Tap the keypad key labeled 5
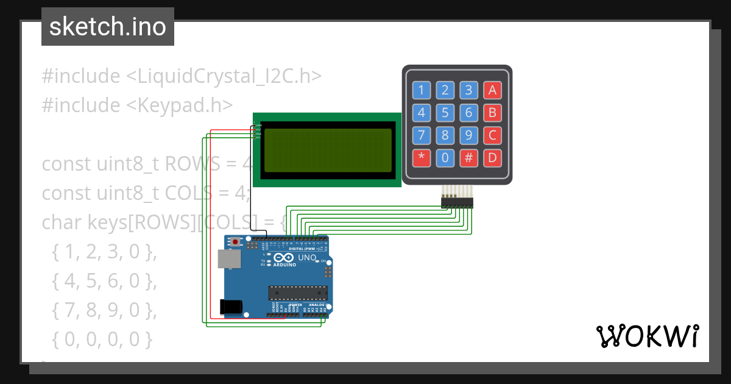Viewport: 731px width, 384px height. click(445, 113)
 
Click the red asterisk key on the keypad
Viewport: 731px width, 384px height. click(422, 158)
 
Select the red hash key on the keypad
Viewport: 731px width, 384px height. click(468, 158)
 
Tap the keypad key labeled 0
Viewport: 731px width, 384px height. click(445, 158)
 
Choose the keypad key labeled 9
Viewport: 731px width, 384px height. click(468, 135)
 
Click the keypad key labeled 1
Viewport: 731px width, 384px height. click(422, 91)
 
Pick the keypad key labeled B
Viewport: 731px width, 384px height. click(492, 113)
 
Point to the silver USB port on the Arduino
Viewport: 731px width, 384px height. click(229, 259)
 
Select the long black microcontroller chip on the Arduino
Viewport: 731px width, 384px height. click(298, 292)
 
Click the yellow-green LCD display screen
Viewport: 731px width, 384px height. click(327, 150)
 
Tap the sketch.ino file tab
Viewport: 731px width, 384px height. click(108, 27)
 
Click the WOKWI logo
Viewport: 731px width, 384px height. click(647, 336)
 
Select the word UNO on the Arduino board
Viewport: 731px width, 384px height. click(307, 258)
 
